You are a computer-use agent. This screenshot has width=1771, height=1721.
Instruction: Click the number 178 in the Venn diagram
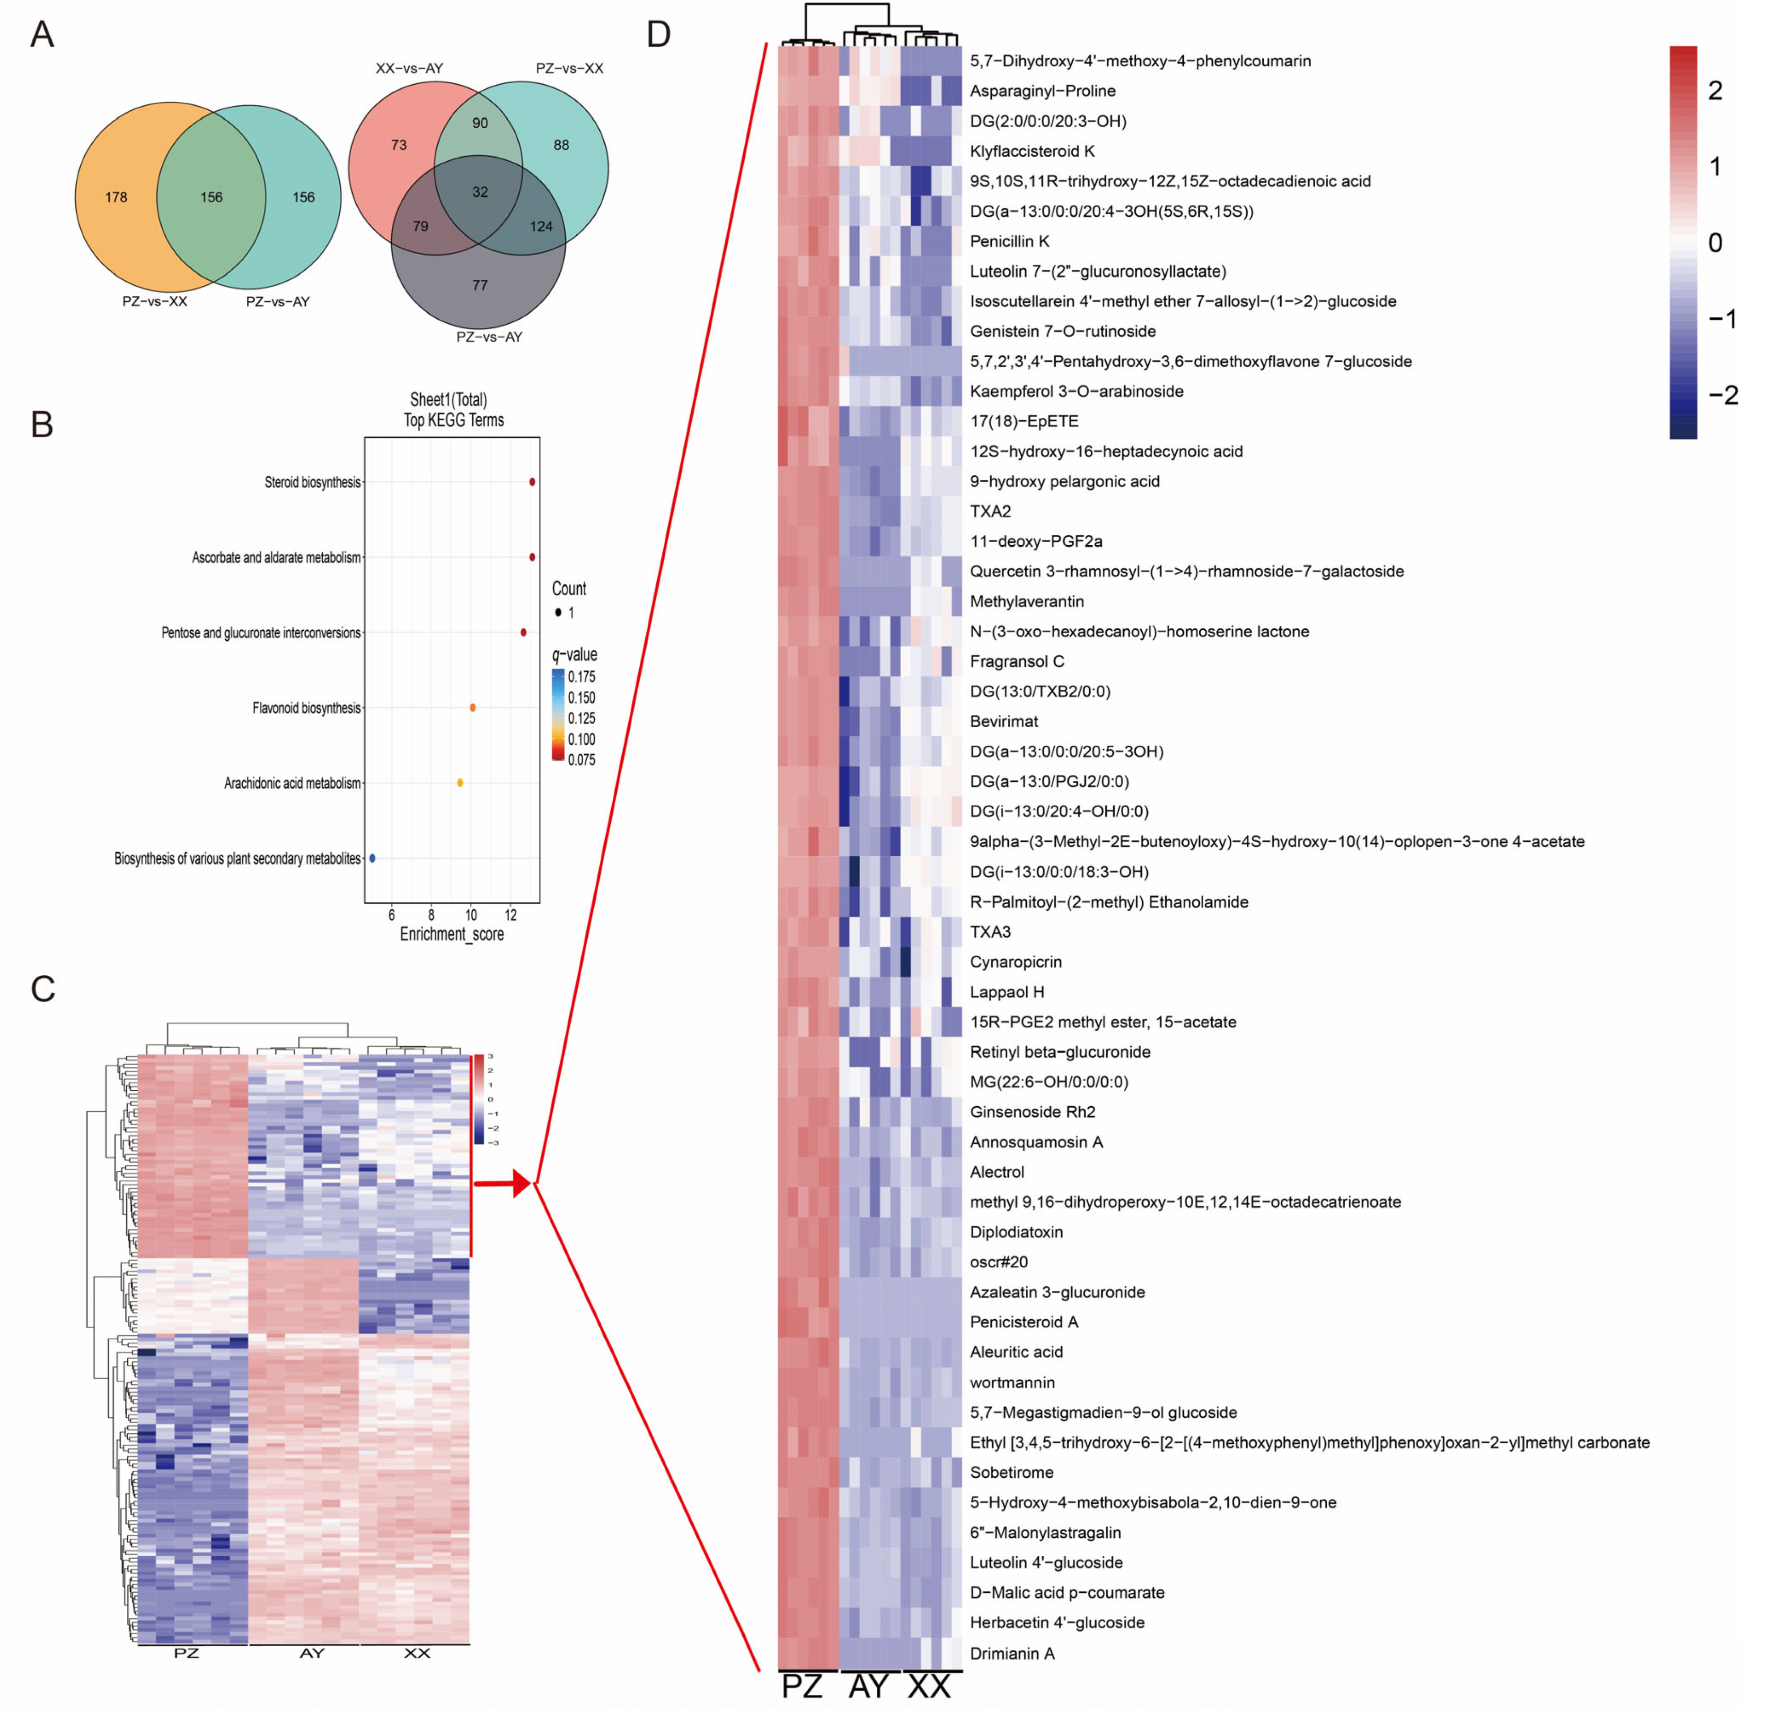tap(115, 197)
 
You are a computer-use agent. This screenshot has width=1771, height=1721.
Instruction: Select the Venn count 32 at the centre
tap(480, 192)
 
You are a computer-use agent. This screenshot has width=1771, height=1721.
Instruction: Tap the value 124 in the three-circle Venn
tap(541, 226)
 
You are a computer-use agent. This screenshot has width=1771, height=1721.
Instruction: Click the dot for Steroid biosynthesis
tap(532, 482)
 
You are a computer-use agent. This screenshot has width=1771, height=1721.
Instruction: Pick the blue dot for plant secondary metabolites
tap(372, 858)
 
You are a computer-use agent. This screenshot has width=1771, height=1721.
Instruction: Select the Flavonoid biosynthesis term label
tap(306, 708)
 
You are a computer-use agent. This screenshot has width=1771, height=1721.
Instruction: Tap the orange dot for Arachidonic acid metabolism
tap(460, 783)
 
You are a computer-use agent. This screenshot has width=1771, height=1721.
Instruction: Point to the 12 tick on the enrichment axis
tap(511, 915)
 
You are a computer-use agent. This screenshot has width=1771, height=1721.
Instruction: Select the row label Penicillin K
tap(1009, 241)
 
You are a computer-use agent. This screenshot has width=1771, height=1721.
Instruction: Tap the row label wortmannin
tap(1012, 1382)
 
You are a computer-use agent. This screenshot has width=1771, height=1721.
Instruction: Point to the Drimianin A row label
tap(1012, 1653)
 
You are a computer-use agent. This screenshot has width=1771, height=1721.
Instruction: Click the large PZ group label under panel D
tap(802, 1686)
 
